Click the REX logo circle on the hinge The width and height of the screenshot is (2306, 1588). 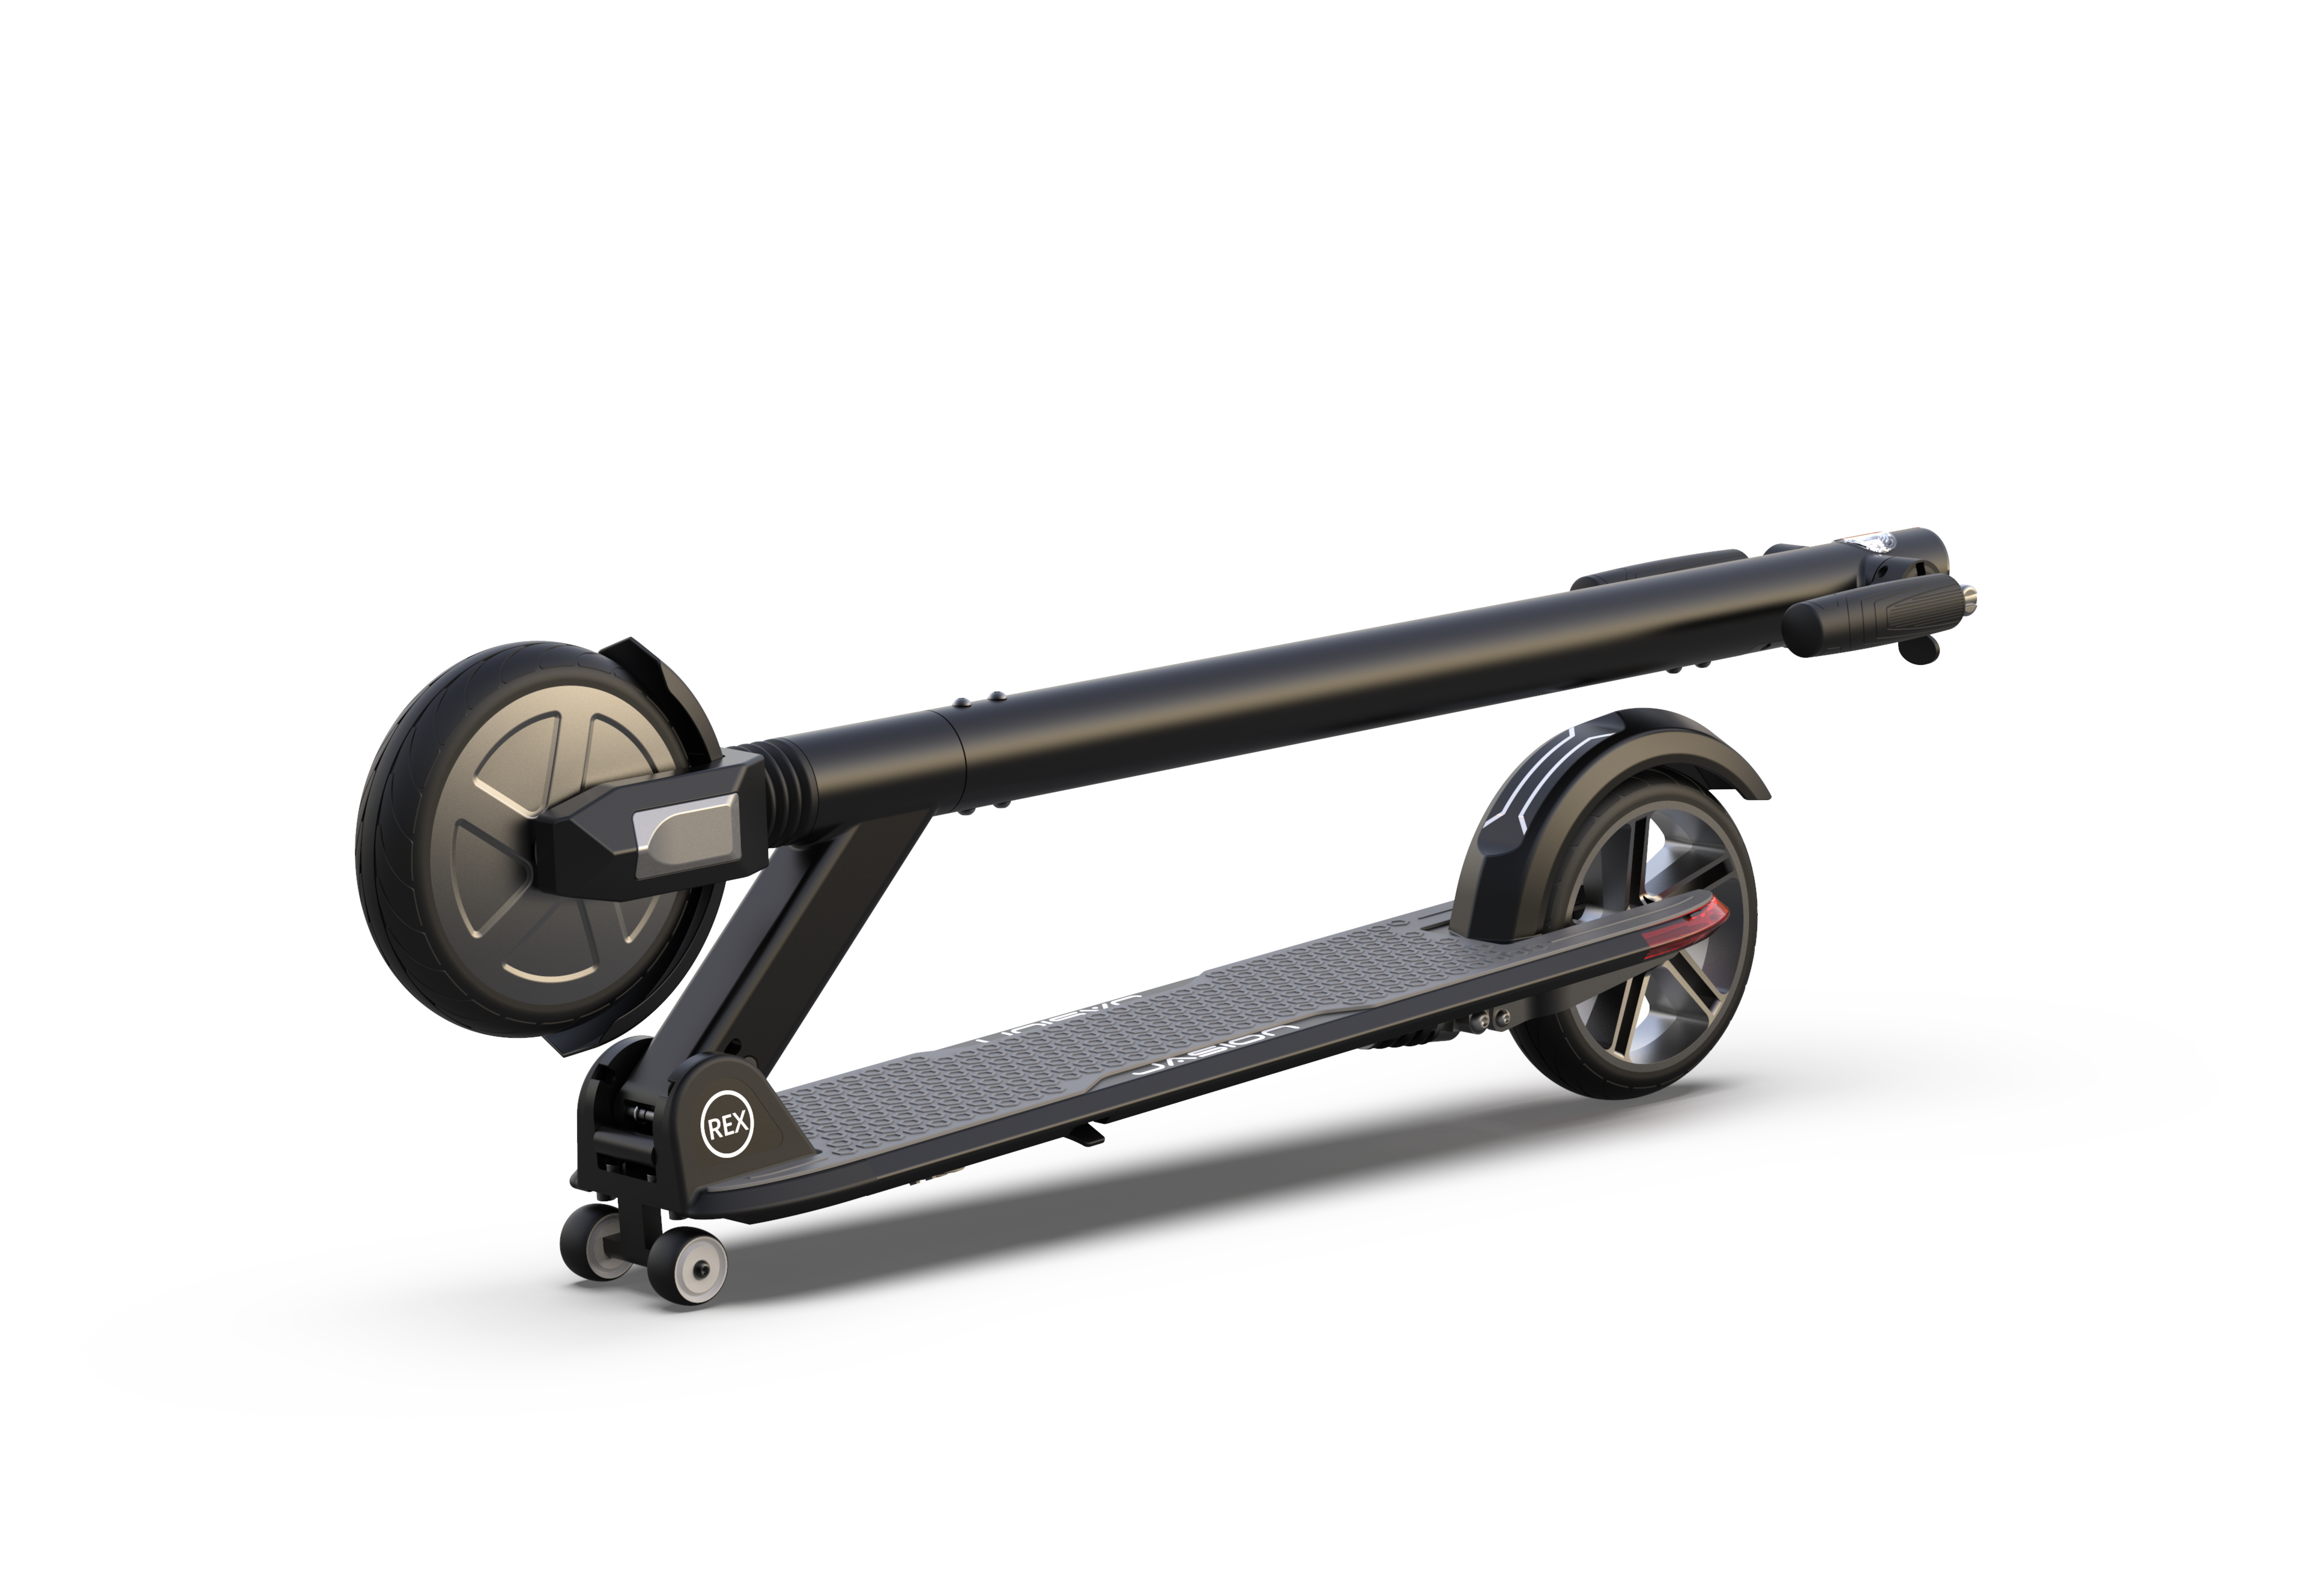(x=728, y=1126)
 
